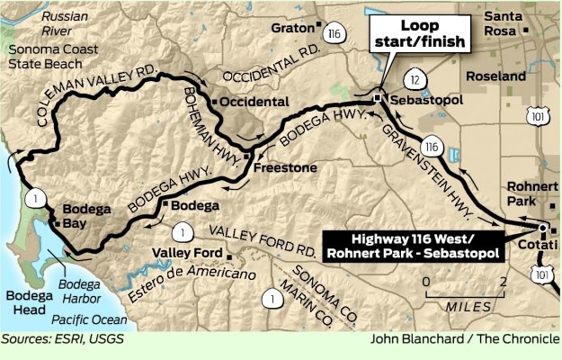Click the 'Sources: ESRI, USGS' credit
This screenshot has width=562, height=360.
click(x=63, y=340)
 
